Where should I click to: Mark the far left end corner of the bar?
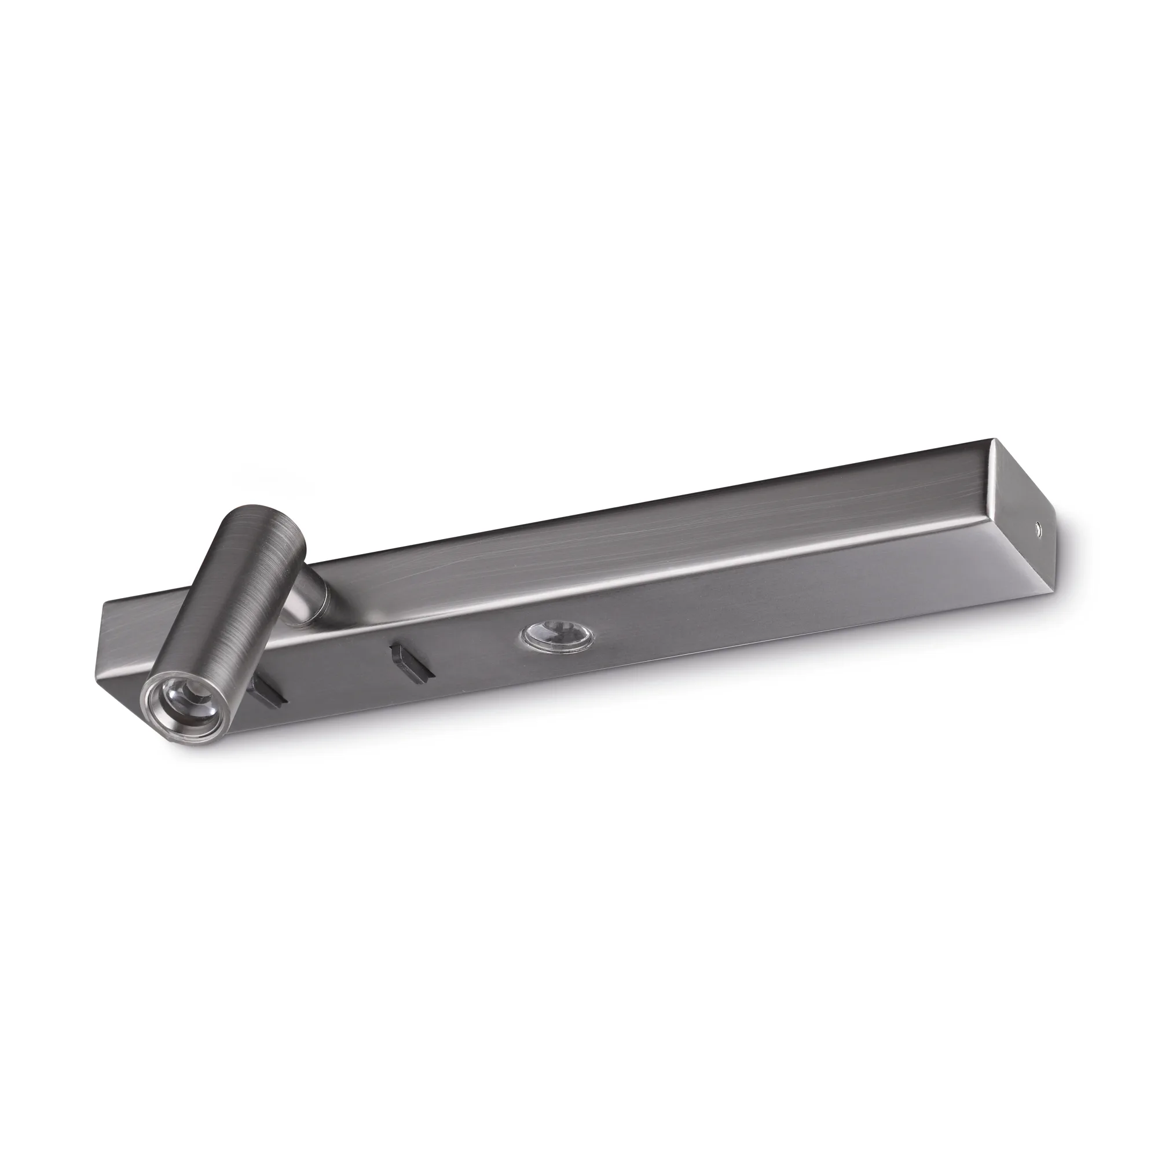coord(104,606)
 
